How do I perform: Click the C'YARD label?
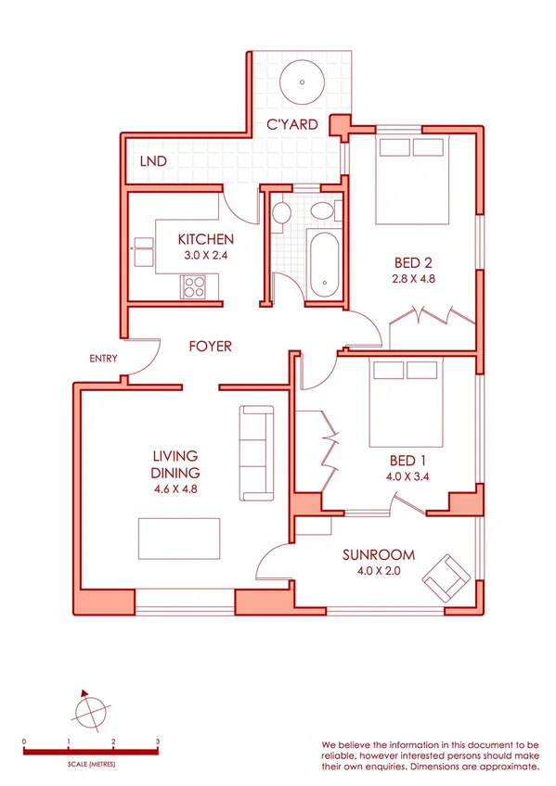pos(292,124)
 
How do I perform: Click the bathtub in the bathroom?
pos(324,264)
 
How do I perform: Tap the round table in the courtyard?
pos(303,80)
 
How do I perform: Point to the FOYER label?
pos(210,347)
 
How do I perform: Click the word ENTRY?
pos(102,359)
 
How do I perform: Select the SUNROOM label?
pos(377,555)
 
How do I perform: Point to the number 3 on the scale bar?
pos(158,742)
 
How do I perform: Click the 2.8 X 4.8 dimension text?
pos(414,277)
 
